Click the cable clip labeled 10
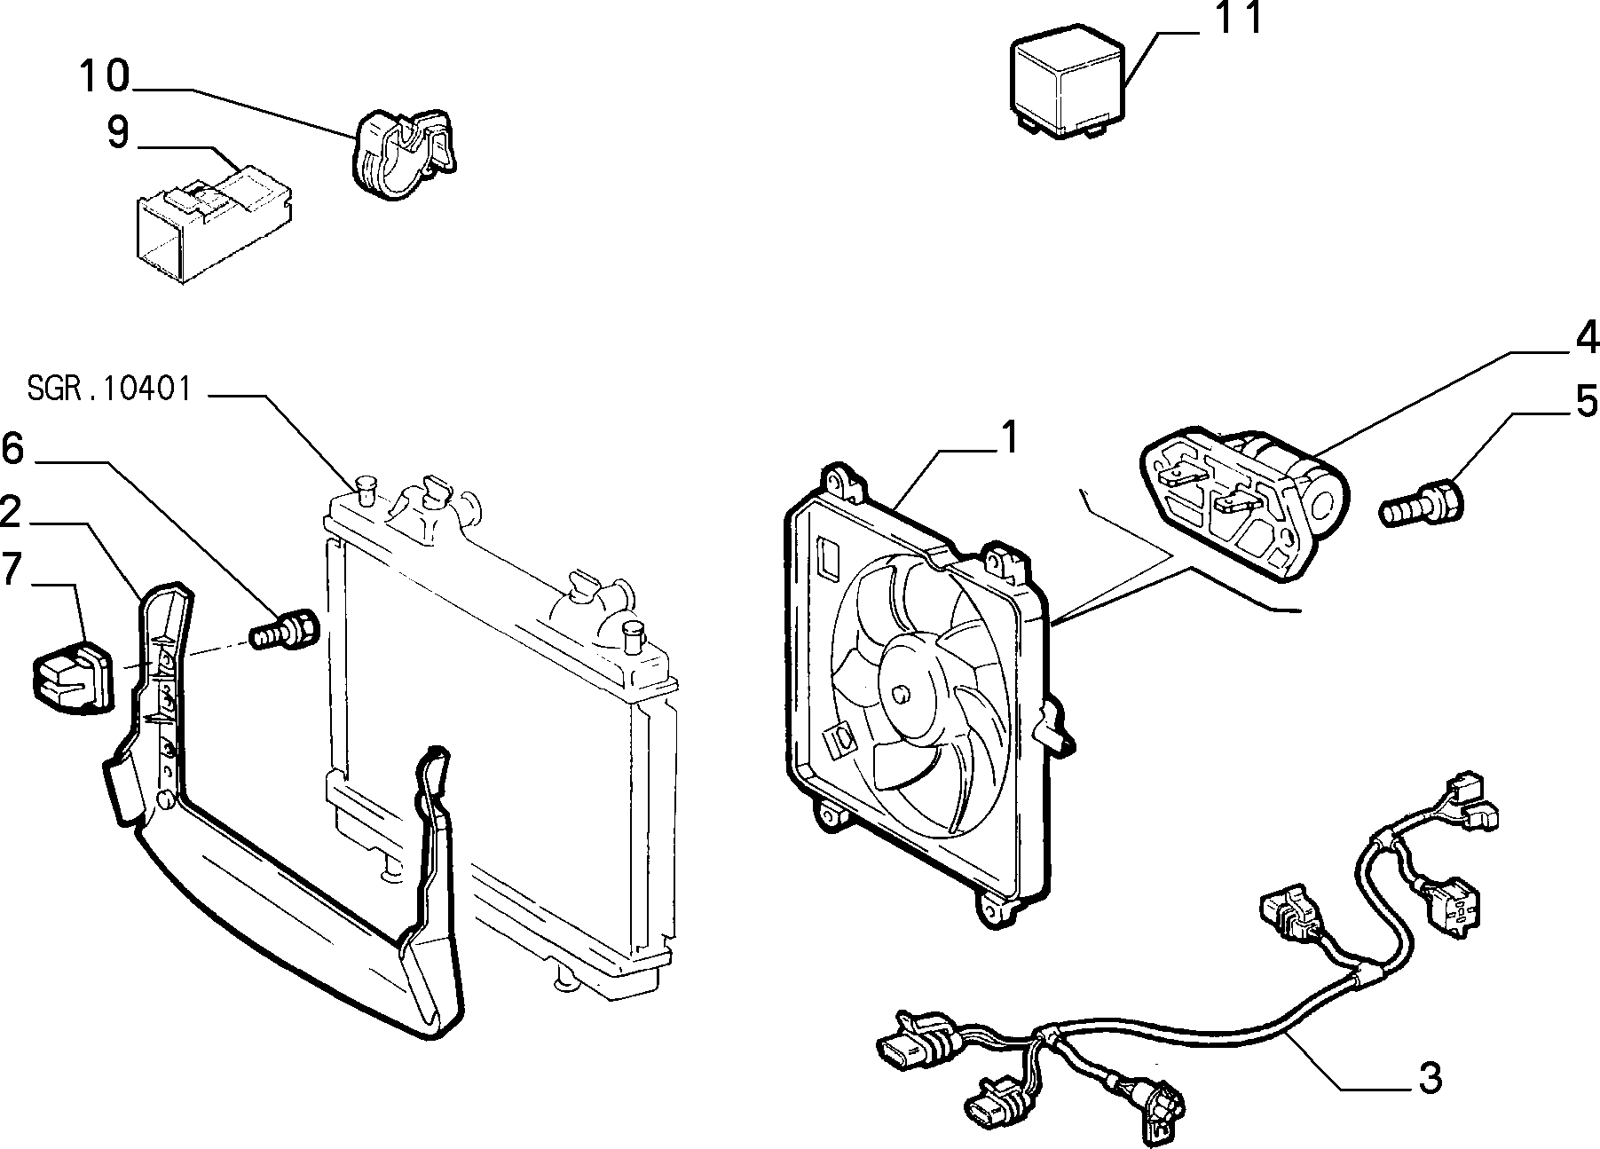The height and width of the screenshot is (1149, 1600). point(406,153)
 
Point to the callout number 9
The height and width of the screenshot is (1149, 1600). point(117,134)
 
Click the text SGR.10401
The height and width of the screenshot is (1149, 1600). point(109,389)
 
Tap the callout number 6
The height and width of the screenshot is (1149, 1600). point(12,449)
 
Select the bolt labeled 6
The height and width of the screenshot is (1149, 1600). point(285,628)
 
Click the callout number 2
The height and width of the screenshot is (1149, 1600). point(11,513)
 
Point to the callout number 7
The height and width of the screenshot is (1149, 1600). point(11,569)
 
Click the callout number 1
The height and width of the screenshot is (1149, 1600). point(1009,437)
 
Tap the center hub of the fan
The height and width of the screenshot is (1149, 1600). point(903,694)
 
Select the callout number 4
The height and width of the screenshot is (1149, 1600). point(1588,338)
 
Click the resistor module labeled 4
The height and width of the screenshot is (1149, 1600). point(1242,503)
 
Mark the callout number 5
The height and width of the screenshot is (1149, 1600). point(1587,401)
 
